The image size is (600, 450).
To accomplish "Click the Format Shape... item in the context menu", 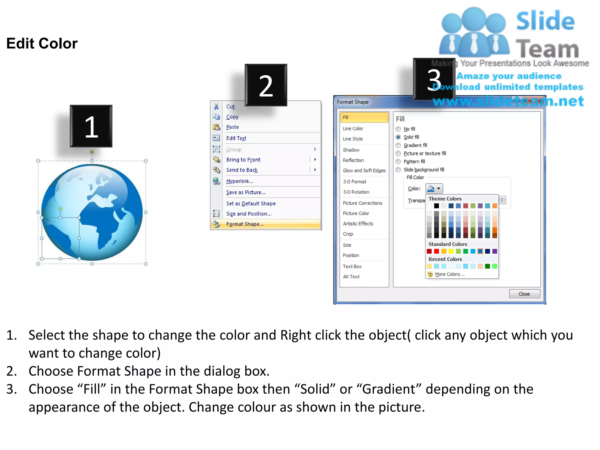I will pos(245,224).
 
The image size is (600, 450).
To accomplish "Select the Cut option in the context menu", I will pos(230,107).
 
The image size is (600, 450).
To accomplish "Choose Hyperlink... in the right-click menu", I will pos(239,181).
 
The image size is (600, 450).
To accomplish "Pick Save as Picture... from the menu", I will pos(246,192).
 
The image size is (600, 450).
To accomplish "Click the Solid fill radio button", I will pos(398,137).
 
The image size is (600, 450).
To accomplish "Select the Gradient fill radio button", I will pos(398,145).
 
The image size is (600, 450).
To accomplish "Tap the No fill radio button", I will pos(398,129).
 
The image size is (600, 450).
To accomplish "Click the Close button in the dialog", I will pos(524,294).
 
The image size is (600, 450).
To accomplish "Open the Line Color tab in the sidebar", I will pos(353,129).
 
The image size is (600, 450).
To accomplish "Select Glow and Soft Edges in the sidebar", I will pos(364,171).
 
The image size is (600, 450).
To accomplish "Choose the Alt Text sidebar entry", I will pos(351,277).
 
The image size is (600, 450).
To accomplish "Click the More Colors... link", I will pos(449,274).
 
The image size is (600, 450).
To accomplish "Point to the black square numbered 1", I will pos(91,126).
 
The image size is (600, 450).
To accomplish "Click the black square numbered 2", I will pos(266,85).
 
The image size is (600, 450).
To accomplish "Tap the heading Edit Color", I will pos(42,44).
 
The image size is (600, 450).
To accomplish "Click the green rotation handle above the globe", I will pos(92,152).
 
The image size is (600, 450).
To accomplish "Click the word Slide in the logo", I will pos(545,21).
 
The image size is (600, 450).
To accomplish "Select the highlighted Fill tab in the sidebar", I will pos(364,117).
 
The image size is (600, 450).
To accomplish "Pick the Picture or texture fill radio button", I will pos(398,154).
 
